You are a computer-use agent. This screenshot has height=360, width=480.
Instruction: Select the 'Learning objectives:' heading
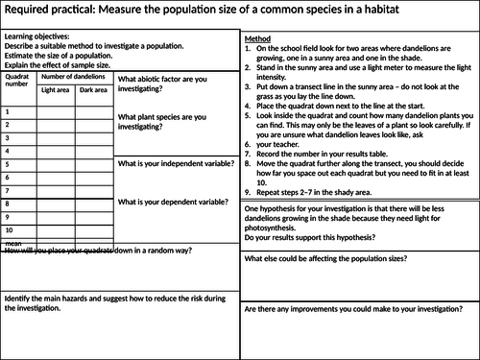pos(36,37)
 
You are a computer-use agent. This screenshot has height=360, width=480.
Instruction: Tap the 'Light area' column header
pos(56,89)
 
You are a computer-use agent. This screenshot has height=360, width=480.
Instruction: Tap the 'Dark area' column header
pos(93,89)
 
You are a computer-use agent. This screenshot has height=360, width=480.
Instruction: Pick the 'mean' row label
pos(12,244)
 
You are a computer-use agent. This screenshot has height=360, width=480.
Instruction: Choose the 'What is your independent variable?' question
pos(175,164)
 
